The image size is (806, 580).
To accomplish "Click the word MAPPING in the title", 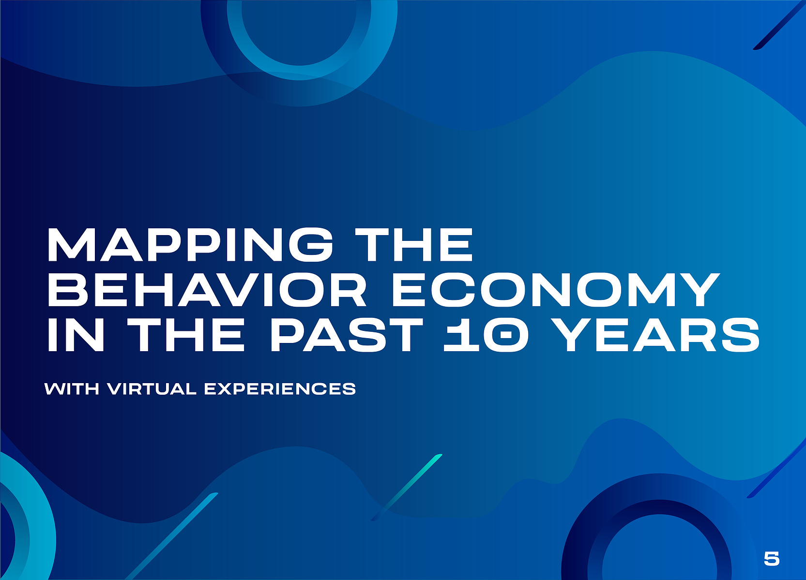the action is click(x=190, y=244).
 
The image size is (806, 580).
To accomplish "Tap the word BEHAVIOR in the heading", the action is click(x=207, y=289).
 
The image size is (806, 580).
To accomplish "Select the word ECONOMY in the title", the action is click(x=556, y=289).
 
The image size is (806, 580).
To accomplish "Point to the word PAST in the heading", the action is click(x=346, y=334).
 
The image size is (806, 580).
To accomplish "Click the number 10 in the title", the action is click(x=482, y=334).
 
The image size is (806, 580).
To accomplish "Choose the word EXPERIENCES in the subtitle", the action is click(x=280, y=389).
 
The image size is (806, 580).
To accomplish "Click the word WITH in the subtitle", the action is click(x=72, y=389).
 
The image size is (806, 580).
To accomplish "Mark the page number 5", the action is click(x=772, y=558).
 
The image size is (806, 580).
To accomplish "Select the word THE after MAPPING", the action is click(x=414, y=244).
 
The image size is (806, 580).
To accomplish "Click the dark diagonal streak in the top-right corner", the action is click(x=779, y=25).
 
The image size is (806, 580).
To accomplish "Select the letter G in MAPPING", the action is click(x=311, y=244).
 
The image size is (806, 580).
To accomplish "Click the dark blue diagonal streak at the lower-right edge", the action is click(x=776, y=471).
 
